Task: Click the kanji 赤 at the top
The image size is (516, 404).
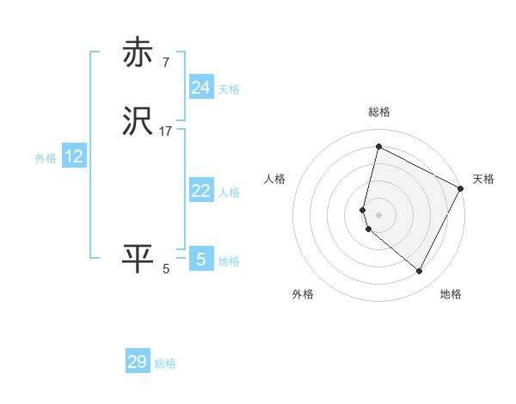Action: tap(138, 52)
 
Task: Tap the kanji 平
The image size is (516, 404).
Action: tap(138, 259)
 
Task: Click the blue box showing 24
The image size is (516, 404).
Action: tap(201, 88)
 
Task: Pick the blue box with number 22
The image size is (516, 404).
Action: tap(201, 192)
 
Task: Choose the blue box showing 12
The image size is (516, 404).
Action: tap(74, 156)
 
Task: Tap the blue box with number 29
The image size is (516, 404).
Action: tap(138, 362)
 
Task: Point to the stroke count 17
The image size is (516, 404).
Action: tap(166, 132)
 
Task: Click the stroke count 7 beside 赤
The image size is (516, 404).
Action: tap(166, 62)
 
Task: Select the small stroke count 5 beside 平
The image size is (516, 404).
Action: tap(166, 269)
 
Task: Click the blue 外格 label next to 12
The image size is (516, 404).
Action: tap(46, 158)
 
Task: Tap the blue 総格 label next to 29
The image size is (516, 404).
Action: tap(165, 364)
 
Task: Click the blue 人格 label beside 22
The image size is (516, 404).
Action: tap(229, 193)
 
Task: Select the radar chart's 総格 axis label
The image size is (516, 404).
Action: tap(379, 112)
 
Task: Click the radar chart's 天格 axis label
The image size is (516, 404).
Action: tap(483, 179)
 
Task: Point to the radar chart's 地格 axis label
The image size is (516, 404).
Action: tap(451, 294)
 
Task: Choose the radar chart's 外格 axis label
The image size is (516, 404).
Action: tap(303, 294)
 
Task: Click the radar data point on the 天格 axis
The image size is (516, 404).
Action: tap(461, 188)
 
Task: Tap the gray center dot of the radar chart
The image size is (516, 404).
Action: tap(379, 214)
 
